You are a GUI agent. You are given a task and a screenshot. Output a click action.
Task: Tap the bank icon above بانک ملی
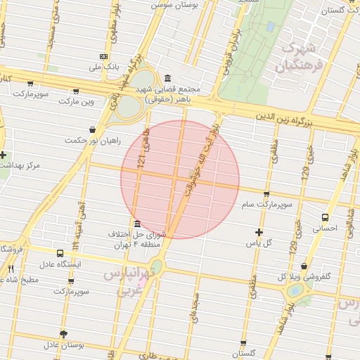tap(103, 56)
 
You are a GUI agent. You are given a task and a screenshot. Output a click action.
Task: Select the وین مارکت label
tap(76, 101)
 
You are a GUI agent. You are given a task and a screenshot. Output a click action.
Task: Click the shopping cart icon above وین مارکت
tap(76, 91)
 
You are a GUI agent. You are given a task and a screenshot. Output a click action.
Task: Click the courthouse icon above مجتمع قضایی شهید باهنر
tap(167, 79)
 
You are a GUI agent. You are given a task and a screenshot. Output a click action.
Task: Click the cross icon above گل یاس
tap(259, 232)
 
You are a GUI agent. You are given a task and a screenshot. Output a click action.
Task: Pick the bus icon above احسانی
tap(325, 217)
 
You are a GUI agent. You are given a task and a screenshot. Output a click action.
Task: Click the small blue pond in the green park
tap(270, 27)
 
